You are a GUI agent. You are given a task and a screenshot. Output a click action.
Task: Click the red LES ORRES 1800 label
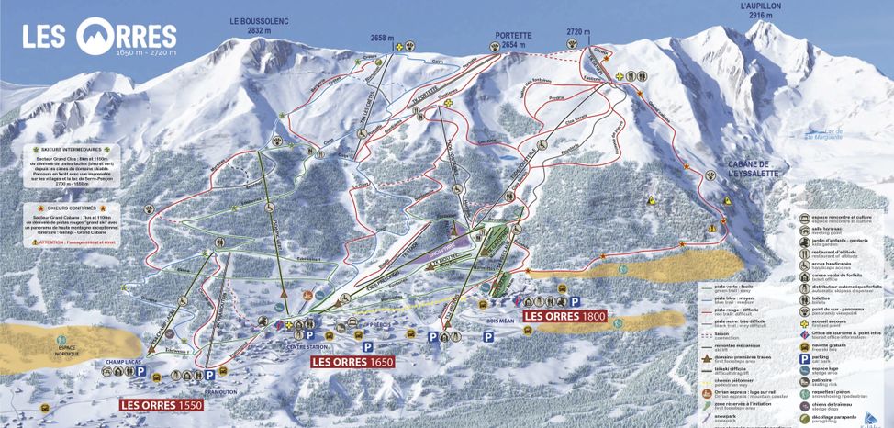(564, 316)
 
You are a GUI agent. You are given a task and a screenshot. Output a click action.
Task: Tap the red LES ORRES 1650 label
(352, 362)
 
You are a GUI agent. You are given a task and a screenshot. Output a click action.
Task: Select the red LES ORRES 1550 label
(161, 403)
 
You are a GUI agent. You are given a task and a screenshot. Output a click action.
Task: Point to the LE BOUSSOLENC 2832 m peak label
(254, 25)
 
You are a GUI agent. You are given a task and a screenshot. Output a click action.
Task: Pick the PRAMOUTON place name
(195, 389)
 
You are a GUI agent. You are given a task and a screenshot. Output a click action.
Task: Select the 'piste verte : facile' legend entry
(732, 287)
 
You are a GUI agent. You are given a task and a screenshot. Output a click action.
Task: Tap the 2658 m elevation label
(382, 38)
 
